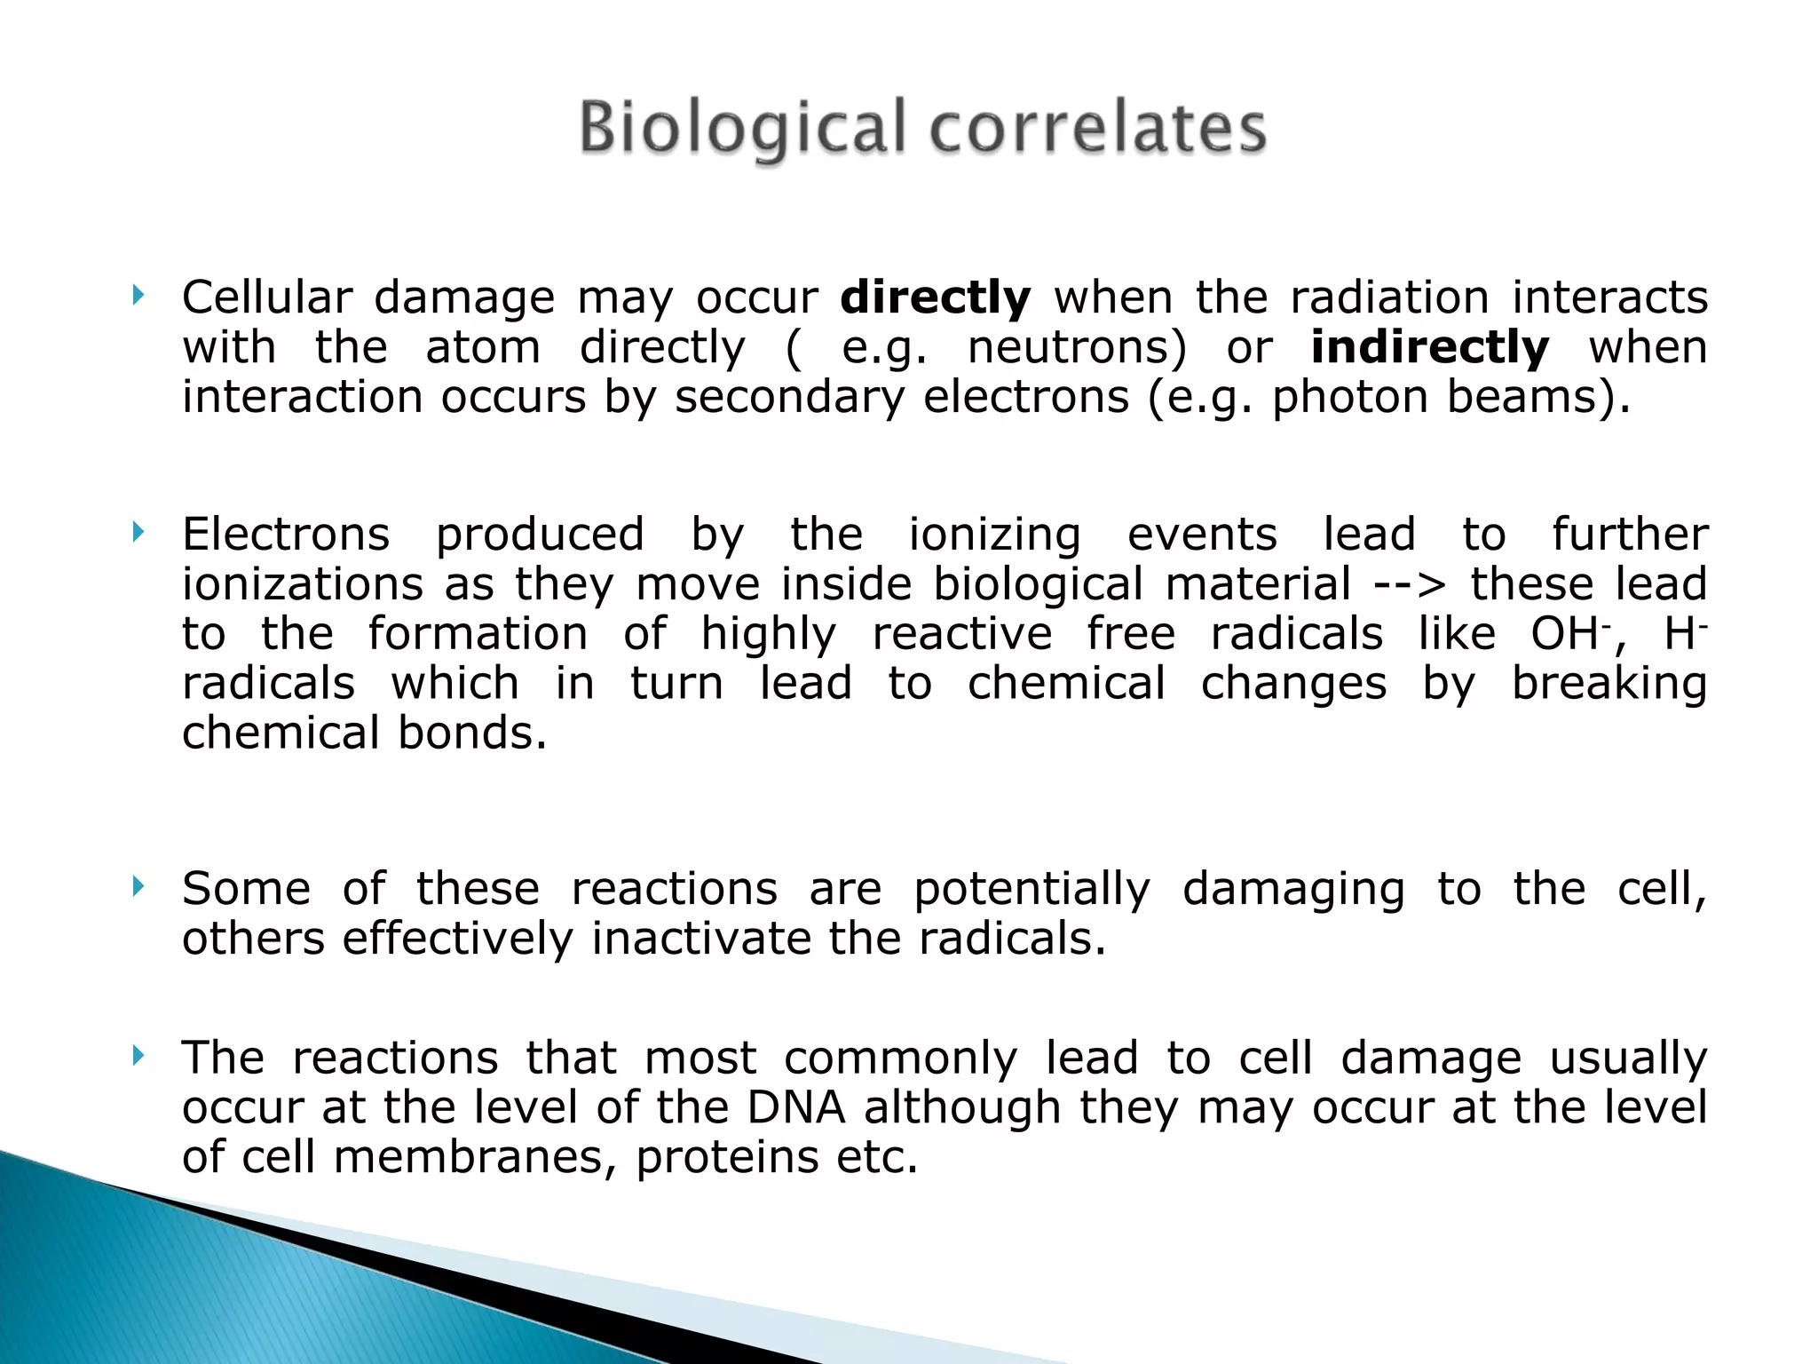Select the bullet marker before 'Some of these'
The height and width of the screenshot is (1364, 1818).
(x=138, y=886)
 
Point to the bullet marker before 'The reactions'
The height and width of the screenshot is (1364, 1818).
(x=138, y=1056)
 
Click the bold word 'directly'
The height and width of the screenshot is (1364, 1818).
(x=936, y=297)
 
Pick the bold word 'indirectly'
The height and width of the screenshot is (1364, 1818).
(x=1430, y=347)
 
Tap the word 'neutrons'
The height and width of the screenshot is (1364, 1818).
(x=1076, y=347)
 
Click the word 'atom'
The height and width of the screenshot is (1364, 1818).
(x=483, y=347)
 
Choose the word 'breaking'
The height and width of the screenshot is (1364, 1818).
(x=1609, y=685)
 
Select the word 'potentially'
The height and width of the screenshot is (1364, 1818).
(x=1032, y=890)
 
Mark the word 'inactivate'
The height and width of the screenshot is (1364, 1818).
(x=701, y=939)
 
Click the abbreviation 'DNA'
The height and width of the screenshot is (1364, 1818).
(x=796, y=1107)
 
